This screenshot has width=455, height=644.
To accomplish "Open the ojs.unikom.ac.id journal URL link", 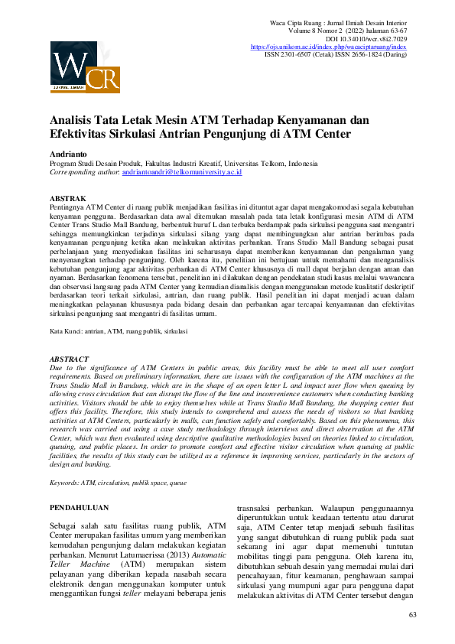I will (x=329, y=47).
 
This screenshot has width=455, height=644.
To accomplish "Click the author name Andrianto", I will (x=71, y=154).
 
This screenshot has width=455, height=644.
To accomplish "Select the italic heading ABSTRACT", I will (x=70, y=359).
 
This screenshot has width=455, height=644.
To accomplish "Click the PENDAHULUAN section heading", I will (x=79, y=508).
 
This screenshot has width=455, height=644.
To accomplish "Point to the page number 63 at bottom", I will (x=413, y=615).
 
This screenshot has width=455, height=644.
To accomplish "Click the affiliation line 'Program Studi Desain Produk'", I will (x=183, y=164).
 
